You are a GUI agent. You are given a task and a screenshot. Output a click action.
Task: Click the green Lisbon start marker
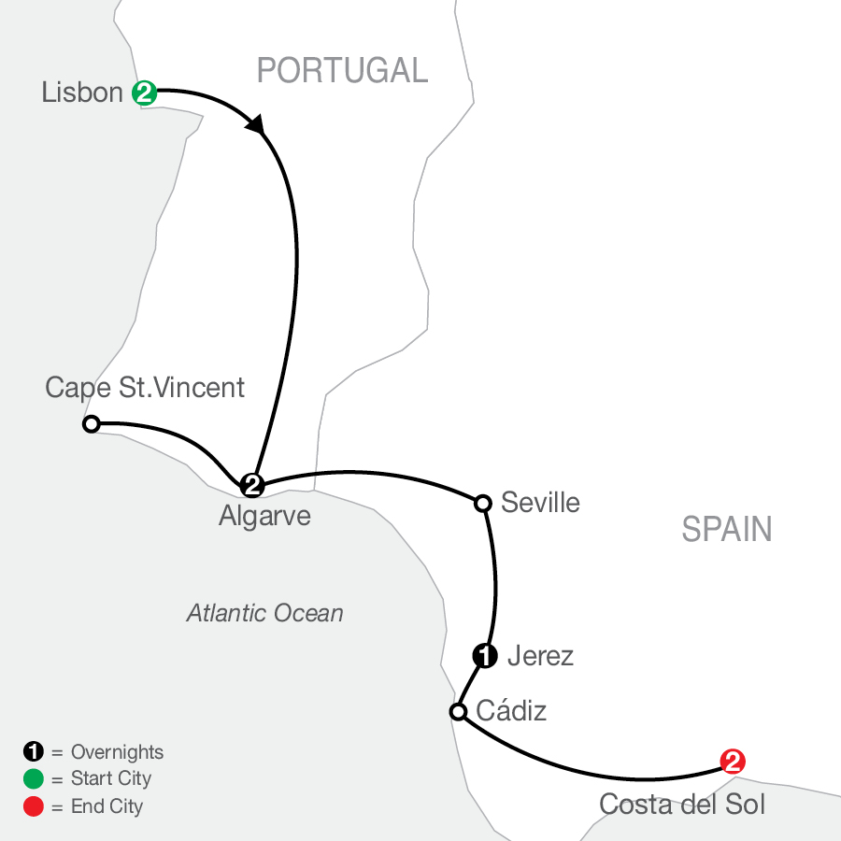144,92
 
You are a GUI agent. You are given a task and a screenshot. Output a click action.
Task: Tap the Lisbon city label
82,93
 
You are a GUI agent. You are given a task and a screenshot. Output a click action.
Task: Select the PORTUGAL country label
342,70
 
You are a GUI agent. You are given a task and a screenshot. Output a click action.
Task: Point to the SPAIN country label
727,530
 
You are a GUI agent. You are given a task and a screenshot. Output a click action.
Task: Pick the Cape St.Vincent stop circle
91,424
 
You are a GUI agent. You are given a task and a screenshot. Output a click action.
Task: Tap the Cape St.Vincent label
145,387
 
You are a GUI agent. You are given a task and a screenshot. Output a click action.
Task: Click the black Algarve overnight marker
251,484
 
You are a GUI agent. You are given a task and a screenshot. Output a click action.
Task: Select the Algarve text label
264,516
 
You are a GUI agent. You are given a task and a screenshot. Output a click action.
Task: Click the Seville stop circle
483,504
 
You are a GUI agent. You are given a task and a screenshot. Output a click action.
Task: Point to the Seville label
540,503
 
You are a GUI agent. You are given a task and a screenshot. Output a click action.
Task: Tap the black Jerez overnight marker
485,656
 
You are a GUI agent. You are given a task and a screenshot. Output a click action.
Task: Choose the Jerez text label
539,656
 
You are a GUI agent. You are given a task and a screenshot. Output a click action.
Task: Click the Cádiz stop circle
458,712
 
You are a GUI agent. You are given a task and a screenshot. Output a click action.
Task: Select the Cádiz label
511,712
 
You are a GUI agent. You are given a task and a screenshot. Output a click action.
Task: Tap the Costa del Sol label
681,804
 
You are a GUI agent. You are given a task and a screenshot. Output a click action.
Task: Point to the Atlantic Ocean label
264,613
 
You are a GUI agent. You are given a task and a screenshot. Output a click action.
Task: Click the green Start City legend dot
32,778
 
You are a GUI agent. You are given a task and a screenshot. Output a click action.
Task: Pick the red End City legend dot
32,805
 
